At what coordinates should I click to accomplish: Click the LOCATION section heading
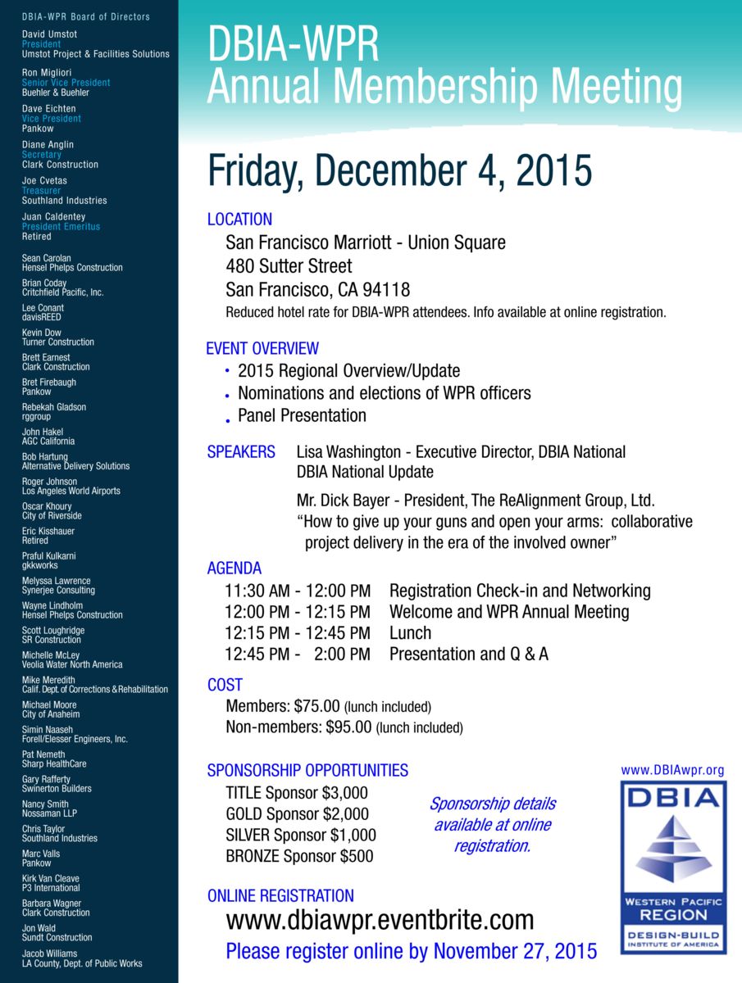[x=239, y=220]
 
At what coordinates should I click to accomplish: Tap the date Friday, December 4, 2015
[x=399, y=171]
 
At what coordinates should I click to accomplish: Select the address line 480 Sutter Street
[x=289, y=266]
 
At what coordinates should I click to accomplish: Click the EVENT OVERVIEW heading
[x=262, y=349]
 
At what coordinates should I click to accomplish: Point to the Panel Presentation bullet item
[x=302, y=415]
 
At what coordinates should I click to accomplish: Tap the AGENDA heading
[x=234, y=569]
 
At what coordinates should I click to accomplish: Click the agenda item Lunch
[x=410, y=633]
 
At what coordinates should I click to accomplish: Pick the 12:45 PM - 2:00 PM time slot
[x=298, y=655]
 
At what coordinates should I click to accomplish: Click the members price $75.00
[x=316, y=706]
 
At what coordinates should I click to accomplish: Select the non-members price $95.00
[x=348, y=727]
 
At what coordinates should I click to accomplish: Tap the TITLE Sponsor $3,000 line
[x=297, y=793]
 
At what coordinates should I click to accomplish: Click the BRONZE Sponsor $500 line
[x=299, y=857]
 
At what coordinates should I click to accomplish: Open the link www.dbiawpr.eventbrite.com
[x=380, y=921]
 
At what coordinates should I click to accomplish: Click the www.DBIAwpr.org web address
[x=672, y=770]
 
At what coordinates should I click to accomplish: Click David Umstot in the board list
[x=50, y=34]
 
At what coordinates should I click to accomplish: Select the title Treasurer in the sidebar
[x=41, y=191]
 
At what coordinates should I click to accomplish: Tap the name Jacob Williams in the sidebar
[x=50, y=954]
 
